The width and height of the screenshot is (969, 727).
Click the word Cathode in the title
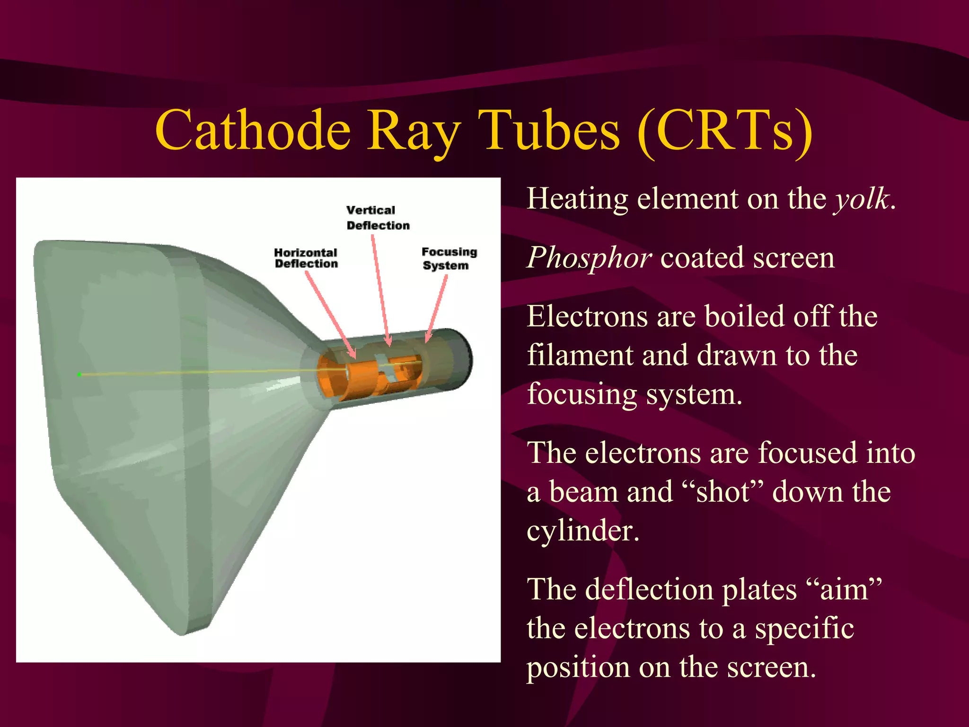point(253,130)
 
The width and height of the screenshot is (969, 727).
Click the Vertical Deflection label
point(377,218)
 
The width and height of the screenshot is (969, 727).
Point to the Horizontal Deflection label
point(306,258)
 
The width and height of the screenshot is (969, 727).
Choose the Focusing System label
point(449,258)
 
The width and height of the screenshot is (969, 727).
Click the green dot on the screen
point(79,374)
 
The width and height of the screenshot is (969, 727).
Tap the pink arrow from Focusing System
point(437,308)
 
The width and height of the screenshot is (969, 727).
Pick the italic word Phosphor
point(590,258)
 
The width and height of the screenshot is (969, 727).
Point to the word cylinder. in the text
point(582,531)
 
